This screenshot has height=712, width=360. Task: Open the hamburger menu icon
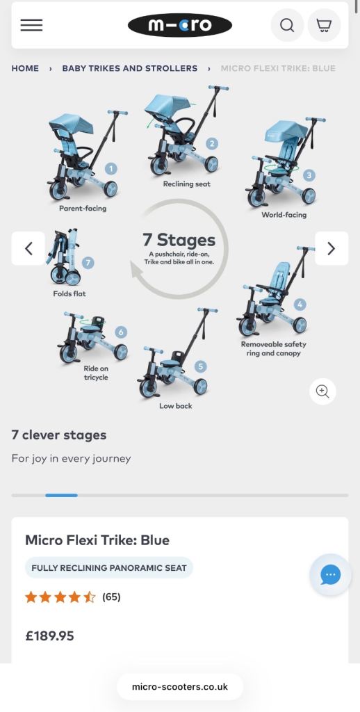[31, 25]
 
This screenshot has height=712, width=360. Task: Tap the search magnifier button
[287, 25]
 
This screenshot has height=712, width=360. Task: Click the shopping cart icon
[324, 25]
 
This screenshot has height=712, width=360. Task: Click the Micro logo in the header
[180, 25]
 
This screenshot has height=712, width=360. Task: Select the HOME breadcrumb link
[25, 69]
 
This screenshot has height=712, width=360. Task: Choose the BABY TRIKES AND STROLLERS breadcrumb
[130, 69]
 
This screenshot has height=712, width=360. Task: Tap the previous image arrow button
[28, 248]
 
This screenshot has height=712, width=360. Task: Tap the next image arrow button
[332, 248]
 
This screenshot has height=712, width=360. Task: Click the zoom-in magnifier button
[322, 391]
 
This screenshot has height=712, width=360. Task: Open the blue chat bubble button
[331, 575]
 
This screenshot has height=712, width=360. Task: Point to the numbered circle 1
[111, 169]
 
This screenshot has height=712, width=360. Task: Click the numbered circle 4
[300, 305]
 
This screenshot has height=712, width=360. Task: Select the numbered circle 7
[88, 262]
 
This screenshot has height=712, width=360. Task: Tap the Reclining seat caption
[187, 184]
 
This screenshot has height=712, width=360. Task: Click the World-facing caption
[284, 215]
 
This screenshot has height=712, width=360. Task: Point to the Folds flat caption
[69, 294]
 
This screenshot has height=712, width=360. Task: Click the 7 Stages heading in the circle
[179, 240]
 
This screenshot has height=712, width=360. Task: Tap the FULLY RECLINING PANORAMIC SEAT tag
[109, 568]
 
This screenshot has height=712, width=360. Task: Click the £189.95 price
[49, 636]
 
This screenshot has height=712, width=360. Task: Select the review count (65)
[112, 597]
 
